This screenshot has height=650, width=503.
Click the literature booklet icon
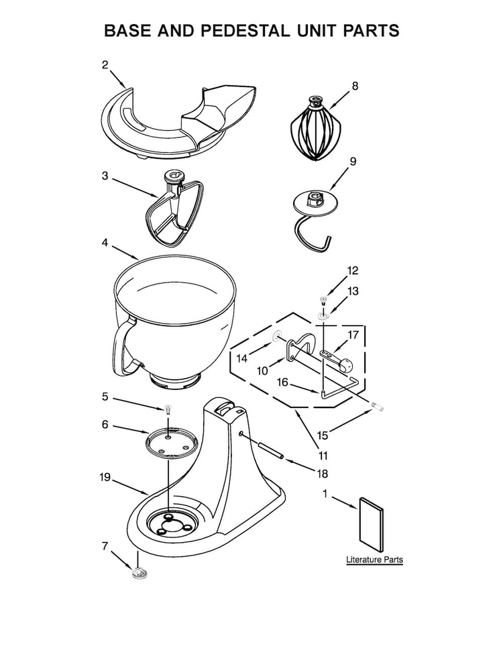[371, 523]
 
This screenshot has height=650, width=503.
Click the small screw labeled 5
[167, 407]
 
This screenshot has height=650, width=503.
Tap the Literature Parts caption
[374, 559]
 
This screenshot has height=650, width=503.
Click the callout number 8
[355, 85]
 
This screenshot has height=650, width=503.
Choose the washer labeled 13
[323, 314]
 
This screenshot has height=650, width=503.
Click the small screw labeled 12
[323, 297]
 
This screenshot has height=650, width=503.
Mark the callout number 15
[323, 436]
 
